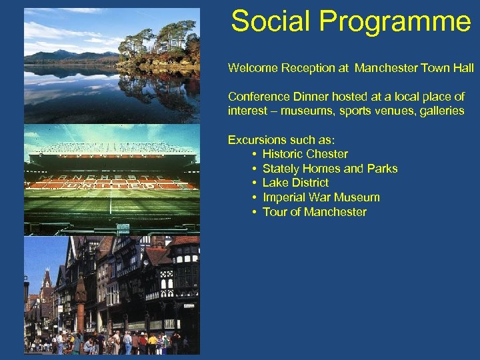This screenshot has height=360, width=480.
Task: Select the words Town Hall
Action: [450, 68]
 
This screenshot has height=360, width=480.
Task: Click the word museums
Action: [303, 111]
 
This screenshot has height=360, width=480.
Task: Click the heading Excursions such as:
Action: [281, 140]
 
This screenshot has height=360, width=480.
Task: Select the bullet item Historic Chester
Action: [305, 154]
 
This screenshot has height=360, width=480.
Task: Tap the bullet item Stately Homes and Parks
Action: [330, 169]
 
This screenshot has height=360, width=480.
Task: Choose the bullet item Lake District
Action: [295, 183]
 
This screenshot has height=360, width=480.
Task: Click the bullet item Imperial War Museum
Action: [321, 197]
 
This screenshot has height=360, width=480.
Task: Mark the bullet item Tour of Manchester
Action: [315, 212]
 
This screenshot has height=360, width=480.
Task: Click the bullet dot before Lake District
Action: [255, 183]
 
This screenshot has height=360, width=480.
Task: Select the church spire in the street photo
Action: [47, 277]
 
